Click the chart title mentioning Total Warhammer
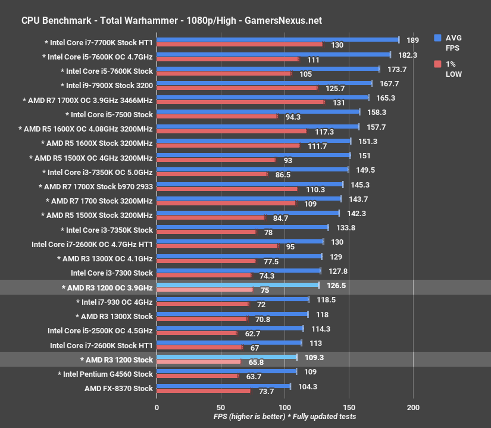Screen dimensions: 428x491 pos(171,20)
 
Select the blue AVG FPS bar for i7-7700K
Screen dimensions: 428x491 pos(277,40)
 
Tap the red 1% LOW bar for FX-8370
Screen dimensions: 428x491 pos(203,391)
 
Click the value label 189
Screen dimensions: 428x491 pos(413,40)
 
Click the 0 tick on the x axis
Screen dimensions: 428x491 pos(157,408)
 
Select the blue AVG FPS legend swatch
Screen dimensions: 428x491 pos(437,37)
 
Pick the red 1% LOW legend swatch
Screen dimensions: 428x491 pos(437,64)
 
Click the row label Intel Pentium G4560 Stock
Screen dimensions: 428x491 pos(105,374)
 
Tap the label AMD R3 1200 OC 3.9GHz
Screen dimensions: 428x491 pos(107,288)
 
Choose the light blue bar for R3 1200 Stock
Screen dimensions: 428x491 pos(226,357)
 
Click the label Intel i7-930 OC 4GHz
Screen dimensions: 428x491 pos(113,302)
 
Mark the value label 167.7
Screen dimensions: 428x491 pos(389,83)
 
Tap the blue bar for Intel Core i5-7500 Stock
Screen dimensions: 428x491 pos(258,111)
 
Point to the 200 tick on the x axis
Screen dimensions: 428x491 pos(413,408)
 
